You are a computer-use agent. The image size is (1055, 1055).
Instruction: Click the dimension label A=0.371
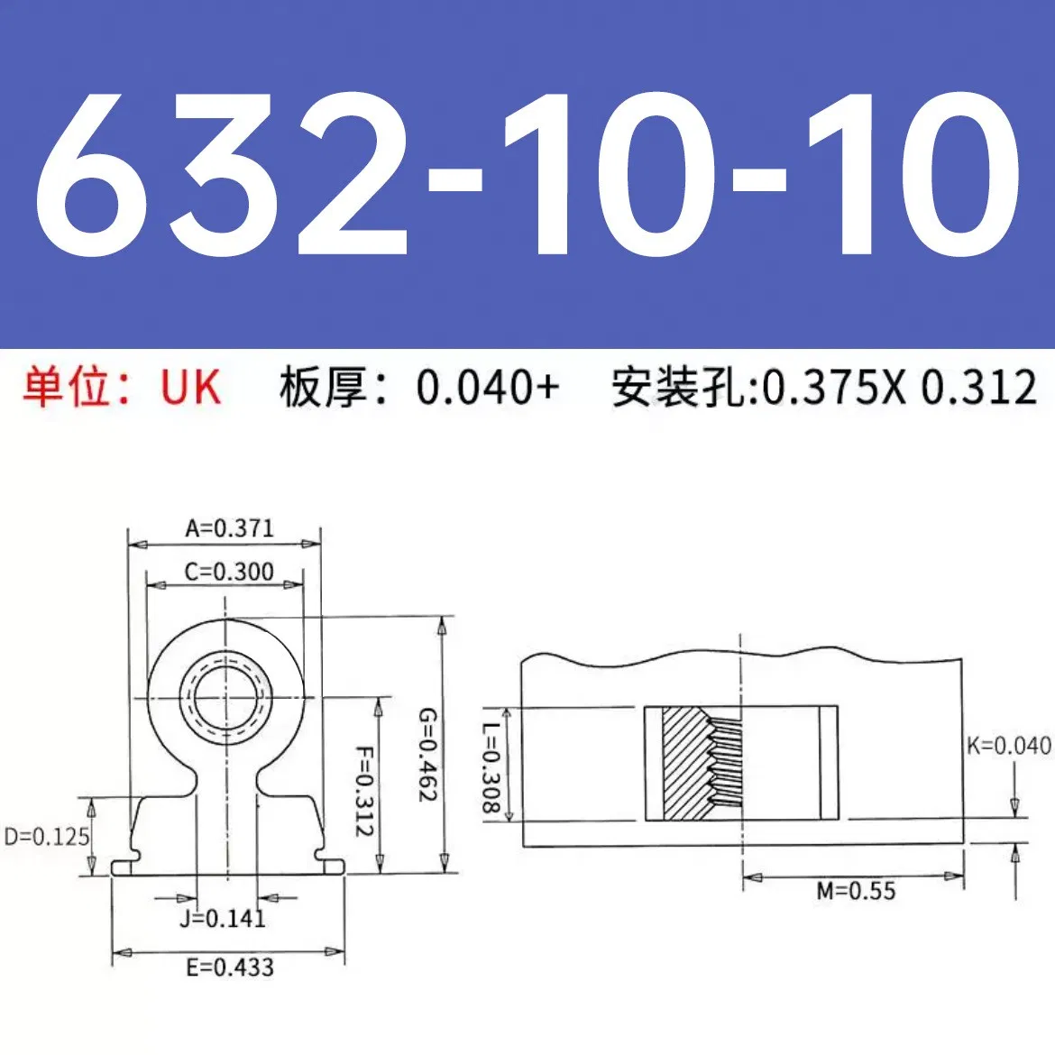pyautogui.click(x=229, y=527)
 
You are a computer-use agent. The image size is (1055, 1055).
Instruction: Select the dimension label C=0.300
pyautogui.click(x=229, y=572)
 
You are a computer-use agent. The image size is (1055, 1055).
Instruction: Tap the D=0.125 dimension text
pyautogui.click(x=47, y=837)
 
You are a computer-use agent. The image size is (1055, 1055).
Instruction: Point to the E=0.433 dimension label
pyautogui.click(x=229, y=968)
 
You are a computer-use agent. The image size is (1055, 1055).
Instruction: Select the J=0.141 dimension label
pyautogui.click(x=222, y=919)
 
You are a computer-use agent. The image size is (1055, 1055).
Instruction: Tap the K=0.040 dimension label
pyautogui.click(x=1008, y=746)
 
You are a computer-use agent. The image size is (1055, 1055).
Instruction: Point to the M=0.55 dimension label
pyautogui.click(x=856, y=892)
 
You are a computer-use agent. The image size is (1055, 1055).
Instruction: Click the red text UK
pyautogui.click(x=190, y=388)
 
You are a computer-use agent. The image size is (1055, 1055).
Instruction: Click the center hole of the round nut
pyautogui.click(x=225, y=698)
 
